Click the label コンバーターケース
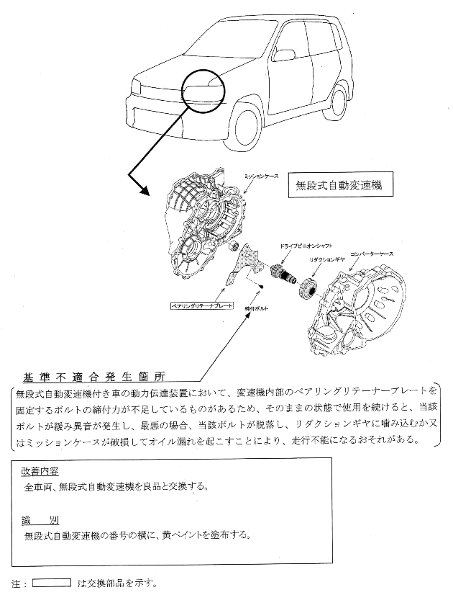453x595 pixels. [372, 256]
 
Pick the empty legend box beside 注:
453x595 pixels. [52, 582]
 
